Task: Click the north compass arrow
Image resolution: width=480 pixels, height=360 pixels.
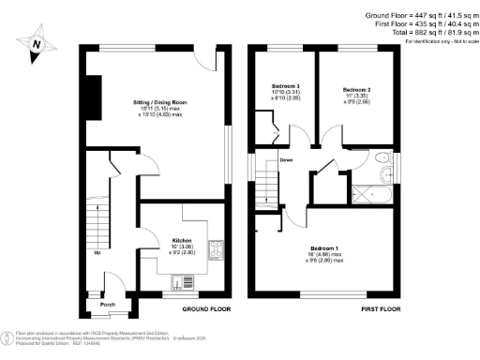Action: coord(36,43)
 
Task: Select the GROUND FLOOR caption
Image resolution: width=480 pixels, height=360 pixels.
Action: coord(208,307)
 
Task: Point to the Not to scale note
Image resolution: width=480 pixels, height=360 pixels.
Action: coord(439,42)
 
